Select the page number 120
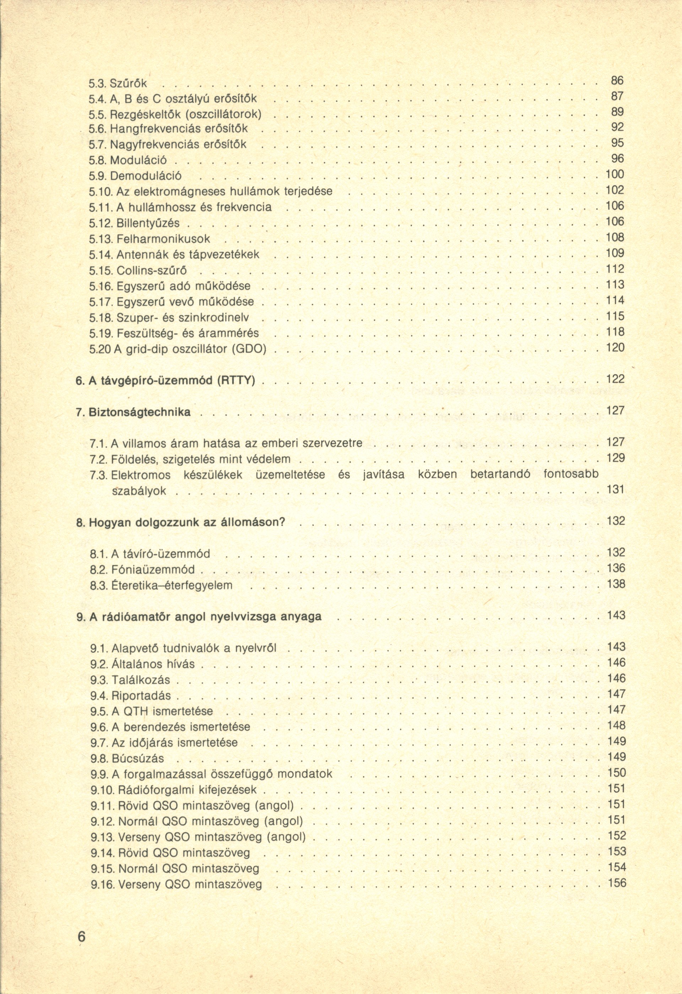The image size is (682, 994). pos(615,347)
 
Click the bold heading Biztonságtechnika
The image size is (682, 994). pos(140,412)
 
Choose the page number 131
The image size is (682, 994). pos(616,489)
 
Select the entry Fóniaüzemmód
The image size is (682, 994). pos(153,569)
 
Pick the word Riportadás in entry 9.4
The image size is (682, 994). pos(141,695)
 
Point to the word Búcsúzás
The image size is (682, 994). pos(138,758)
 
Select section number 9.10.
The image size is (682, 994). pos(101,790)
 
